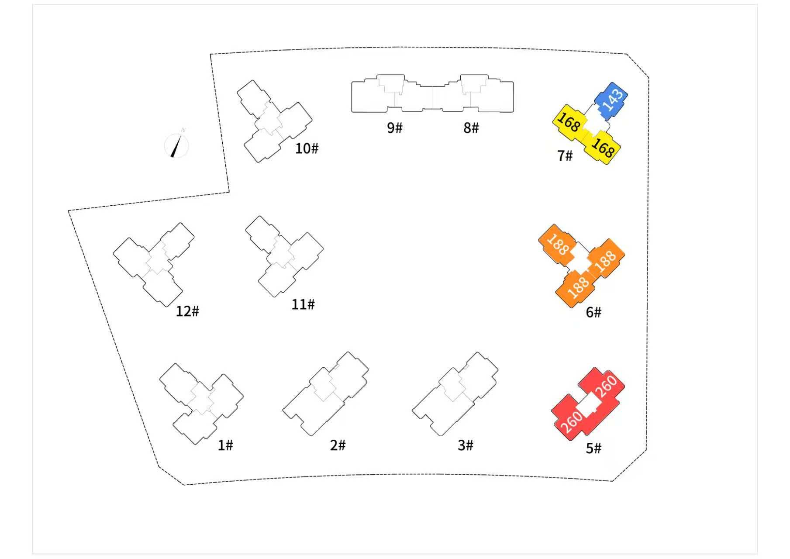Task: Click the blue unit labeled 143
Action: click(x=611, y=100)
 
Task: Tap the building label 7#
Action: click(x=565, y=155)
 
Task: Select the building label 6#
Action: click(x=593, y=312)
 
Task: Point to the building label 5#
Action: click(x=593, y=448)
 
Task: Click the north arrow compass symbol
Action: click(x=177, y=144)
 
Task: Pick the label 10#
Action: click(x=307, y=148)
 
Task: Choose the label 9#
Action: click(x=395, y=128)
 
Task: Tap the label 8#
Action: click(x=471, y=128)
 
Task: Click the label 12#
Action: click(x=187, y=311)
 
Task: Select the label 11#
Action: click(x=303, y=304)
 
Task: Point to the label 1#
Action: click(x=225, y=445)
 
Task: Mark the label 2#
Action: click(x=338, y=445)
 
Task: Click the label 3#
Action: click(x=466, y=445)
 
